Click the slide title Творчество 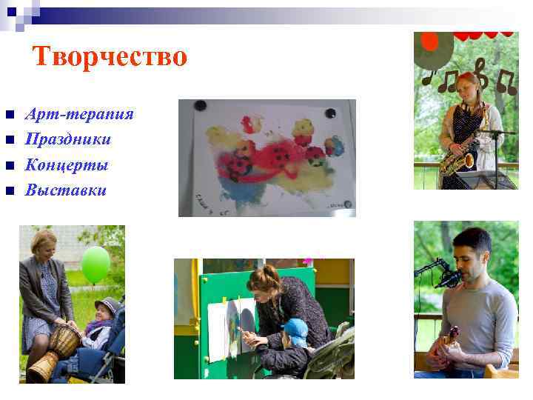click(110, 57)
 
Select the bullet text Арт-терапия click(79, 114)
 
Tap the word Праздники click(68, 139)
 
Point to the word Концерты click(67, 164)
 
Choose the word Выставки click(66, 190)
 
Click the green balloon click(95, 264)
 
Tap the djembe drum click(55, 352)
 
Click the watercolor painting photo click(266, 158)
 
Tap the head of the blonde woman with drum click(43, 244)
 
